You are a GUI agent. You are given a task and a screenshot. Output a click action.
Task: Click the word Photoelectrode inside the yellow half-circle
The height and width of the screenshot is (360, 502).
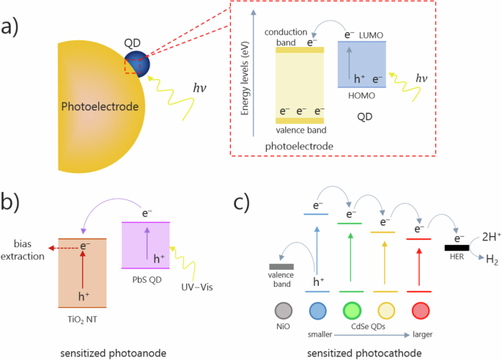100,107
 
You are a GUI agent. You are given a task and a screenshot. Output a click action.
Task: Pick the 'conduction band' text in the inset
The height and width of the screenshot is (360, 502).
281,37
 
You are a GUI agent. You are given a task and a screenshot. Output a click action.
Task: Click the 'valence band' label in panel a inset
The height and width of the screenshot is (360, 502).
301,130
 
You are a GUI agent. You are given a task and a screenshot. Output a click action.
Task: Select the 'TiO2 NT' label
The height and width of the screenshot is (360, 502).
81,317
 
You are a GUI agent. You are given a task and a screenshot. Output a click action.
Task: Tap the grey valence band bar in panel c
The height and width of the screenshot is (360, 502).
282,266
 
